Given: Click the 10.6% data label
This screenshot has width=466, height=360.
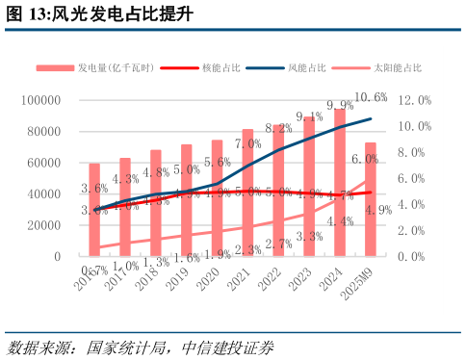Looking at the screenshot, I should point(371,97).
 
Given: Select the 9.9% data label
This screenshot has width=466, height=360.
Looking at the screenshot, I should point(340,106).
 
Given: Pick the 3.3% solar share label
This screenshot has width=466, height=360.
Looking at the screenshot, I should point(309,236).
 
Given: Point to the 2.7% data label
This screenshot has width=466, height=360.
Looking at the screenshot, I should point(278,244).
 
